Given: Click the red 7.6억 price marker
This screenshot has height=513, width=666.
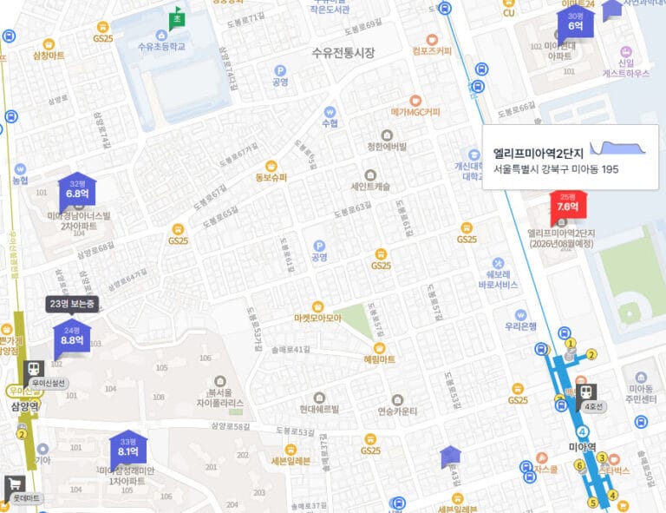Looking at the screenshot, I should (x=568, y=206).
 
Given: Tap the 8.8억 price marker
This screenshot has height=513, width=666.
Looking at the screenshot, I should (x=72, y=339).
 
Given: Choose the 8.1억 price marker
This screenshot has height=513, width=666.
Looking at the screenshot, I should (x=128, y=451).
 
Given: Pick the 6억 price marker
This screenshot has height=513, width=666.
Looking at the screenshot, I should (x=576, y=24).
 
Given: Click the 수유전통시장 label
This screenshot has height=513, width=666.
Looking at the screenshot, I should (x=343, y=53).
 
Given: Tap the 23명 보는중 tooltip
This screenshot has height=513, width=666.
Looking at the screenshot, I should (x=72, y=304).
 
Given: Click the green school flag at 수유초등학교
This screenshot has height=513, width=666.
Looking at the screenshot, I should (x=177, y=17).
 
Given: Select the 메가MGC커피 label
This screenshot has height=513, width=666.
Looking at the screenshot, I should (x=415, y=112).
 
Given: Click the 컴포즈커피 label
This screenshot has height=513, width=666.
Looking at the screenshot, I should (x=433, y=50).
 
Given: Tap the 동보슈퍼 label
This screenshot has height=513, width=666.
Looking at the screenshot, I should (x=271, y=178).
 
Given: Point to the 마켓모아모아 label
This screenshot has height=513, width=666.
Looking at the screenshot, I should (x=317, y=318).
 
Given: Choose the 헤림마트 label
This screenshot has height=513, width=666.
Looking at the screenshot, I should (x=380, y=358).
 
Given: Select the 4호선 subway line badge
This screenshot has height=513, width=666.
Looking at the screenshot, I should (x=593, y=407).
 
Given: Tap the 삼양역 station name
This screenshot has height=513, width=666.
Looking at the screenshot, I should (x=25, y=406).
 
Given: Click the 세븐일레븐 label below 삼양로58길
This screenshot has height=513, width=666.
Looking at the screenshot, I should (x=291, y=461).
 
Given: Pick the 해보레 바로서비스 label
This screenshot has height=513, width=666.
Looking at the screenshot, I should (x=498, y=279).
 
